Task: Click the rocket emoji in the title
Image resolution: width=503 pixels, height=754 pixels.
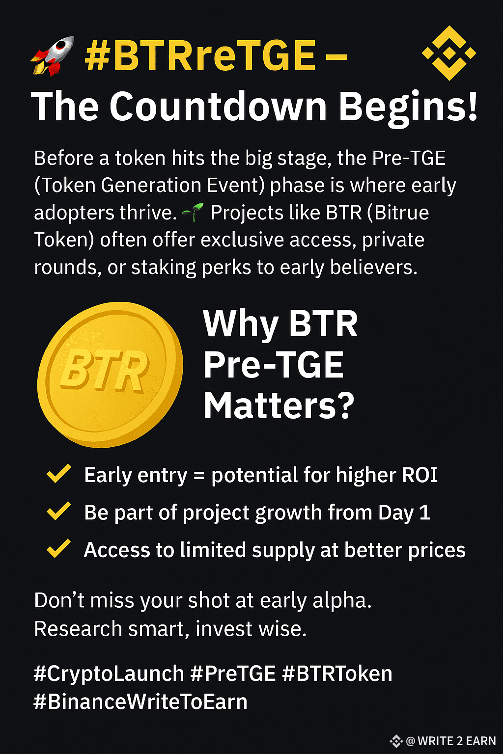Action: tap(53, 56)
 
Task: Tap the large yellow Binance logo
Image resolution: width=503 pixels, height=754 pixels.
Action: tap(449, 53)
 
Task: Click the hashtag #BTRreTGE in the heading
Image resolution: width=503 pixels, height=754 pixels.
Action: tap(200, 55)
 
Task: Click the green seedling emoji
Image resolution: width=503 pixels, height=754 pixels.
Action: tap(193, 212)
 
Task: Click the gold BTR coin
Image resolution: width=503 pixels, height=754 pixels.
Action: tap(110, 375)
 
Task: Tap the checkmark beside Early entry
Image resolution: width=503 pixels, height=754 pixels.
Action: tap(58, 473)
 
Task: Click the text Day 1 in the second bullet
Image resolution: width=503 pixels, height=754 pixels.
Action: tap(404, 512)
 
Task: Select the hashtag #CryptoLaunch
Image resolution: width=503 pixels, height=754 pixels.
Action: tap(109, 673)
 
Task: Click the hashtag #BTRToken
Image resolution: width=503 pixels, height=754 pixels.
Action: tap(337, 673)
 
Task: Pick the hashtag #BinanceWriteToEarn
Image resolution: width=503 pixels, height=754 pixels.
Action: tap(140, 701)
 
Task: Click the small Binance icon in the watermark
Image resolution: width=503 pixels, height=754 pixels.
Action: tap(396, 741)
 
